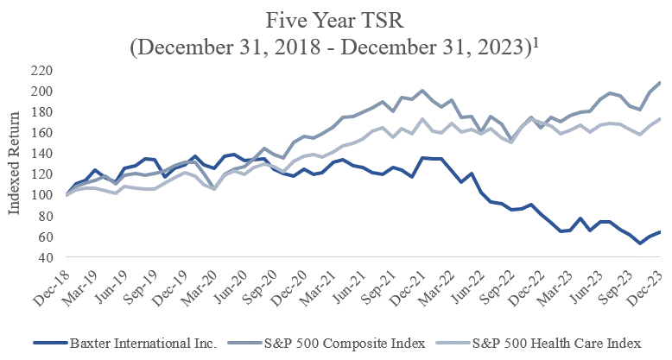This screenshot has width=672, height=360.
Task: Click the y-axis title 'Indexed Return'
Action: click(15, 164)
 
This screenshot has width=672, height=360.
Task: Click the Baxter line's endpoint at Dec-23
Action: click(662, 231)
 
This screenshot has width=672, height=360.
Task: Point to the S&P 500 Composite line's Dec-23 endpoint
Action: click(662, 82)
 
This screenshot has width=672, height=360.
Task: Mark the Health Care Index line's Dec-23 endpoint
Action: click(662, 119)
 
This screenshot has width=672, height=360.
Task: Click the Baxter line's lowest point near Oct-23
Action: click(640, 243)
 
